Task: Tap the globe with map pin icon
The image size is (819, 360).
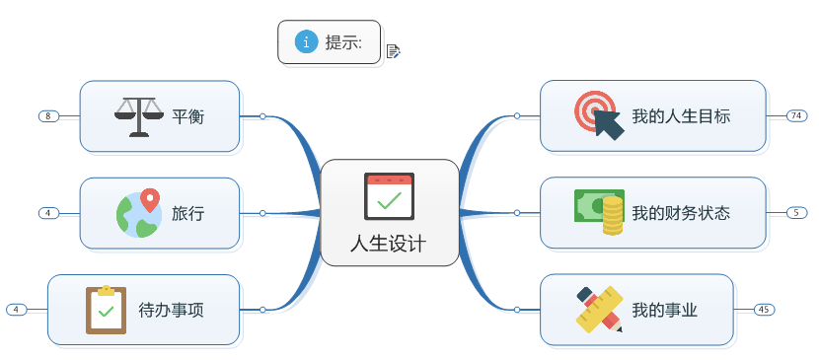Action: (138, 213)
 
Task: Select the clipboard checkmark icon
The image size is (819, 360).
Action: (106, 310)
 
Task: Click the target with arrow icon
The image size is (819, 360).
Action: (599, 116)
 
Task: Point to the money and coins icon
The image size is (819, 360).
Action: (599, 212)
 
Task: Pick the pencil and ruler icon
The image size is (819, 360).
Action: (599, 309)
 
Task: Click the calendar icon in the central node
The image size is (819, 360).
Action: (389, 195)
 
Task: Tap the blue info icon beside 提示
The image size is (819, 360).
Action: (307, 41)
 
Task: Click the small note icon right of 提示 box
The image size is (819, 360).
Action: (393, 51)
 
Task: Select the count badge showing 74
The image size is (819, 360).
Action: (796, 116)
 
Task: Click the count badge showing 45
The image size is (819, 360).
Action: (764, 310)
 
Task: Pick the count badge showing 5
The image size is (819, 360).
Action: (796, 213)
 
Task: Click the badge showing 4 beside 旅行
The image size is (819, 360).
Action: (48, 213)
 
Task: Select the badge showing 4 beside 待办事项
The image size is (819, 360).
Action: (16, 310)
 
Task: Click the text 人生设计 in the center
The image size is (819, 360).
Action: (389, 244)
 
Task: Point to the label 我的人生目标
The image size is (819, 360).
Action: (681, 116)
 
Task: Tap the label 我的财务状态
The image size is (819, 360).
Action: (681, 213)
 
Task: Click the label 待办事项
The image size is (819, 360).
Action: (171, 310)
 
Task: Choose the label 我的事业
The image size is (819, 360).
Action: (665, 310)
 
